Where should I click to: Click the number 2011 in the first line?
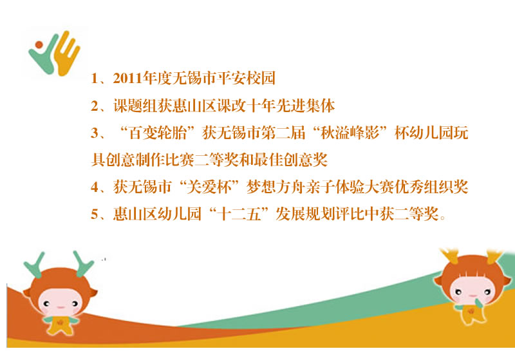tap(128, 79)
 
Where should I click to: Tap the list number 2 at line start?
tap(95, 106)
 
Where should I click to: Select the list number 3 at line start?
tap(95, 133)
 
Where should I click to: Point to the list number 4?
tap(95, 187)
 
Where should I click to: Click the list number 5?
tap(95, 214)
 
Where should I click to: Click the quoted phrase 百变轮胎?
tap(158, 133)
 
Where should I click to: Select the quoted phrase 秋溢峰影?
tap(350, 133)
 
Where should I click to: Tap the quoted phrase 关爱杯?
tap(209, 187)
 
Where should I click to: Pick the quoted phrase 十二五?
tap(239, 214)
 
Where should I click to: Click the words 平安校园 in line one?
tap(247, 79)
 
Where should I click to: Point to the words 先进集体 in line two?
tap(306, 106)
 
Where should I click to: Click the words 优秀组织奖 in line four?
tap(431, 187)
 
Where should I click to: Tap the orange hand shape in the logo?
tap(68, 53)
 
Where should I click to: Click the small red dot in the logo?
tap(39, 44)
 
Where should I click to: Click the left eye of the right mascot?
tap(458, 292)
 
